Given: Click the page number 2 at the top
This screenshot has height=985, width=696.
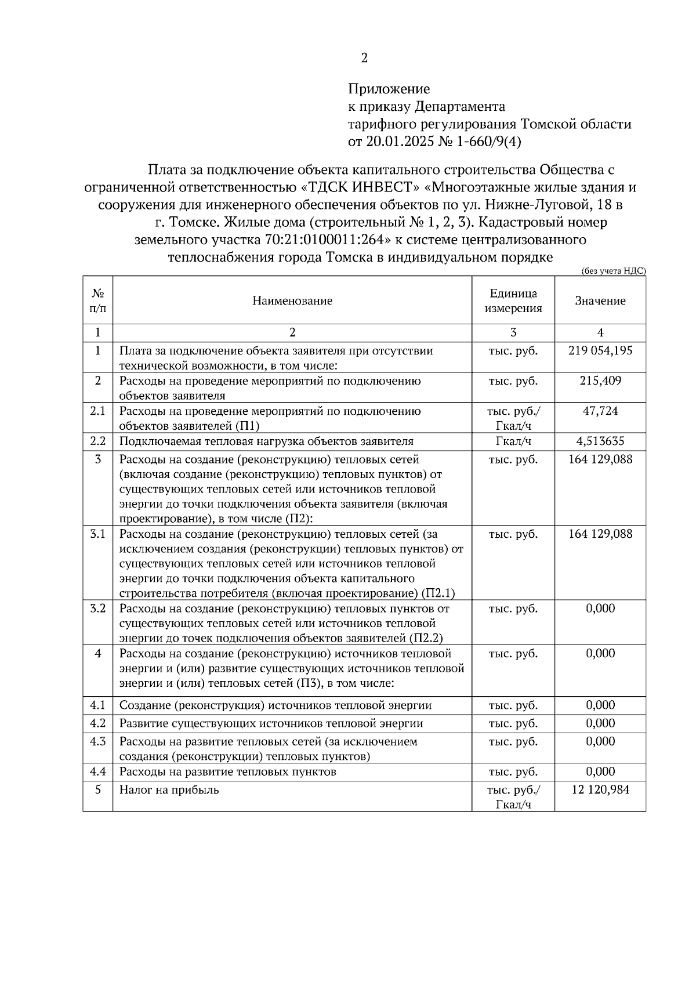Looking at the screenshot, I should (364, 58).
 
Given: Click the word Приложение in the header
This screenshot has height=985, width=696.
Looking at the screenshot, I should (389, 89).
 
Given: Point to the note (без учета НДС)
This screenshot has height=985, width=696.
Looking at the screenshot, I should (613, 270).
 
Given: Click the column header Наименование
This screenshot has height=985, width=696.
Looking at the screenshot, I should (292, 300).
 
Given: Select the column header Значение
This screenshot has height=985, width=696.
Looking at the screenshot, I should (600, 300).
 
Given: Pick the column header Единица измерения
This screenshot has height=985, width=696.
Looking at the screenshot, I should (513, 300).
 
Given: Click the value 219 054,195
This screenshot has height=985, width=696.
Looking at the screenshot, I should (600, 350).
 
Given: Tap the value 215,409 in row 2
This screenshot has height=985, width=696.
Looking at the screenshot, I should (600, 381).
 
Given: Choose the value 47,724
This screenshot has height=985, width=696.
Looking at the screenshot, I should (600, 411).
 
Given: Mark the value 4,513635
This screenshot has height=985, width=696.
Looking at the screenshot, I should (600, 441).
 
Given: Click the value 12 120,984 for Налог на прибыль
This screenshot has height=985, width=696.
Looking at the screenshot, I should (600, 790).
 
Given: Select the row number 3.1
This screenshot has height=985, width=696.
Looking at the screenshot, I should (97, 534).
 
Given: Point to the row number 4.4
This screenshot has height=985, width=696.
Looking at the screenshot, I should (97, 772).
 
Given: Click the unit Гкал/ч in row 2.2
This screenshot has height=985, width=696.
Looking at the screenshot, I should (513, 441).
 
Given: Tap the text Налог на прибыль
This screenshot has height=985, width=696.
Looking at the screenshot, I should (169, 790).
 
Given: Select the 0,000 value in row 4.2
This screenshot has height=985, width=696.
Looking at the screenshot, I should (600, 723).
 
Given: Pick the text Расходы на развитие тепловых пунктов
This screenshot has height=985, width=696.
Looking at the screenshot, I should (227, 772).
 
